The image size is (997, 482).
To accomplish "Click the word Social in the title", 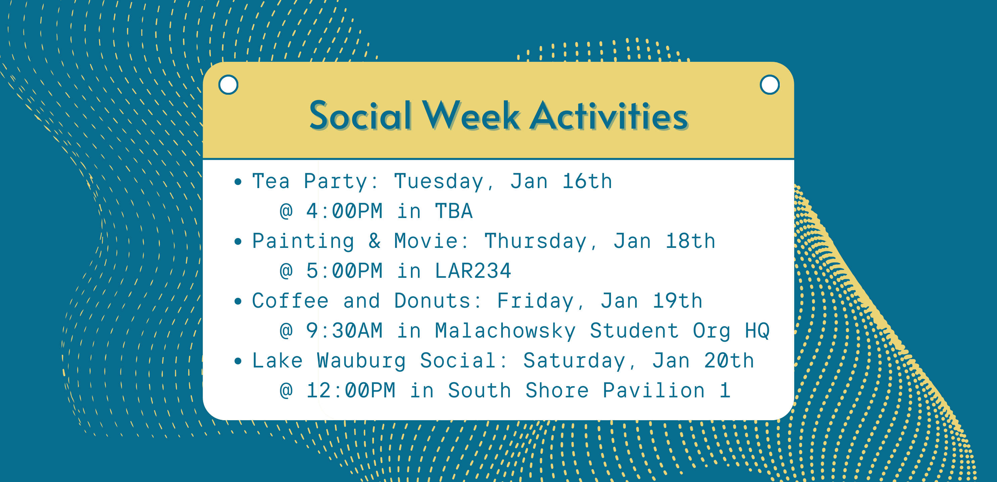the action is click(360, 115).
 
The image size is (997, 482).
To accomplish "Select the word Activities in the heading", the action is click(608, 115).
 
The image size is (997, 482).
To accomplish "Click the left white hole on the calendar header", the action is click(228, 84).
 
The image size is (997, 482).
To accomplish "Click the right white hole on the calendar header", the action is click(769, 84).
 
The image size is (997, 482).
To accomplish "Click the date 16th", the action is click(587, 181).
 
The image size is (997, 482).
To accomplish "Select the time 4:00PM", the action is click(344, 211).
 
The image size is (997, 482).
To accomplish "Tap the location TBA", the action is click(454, 211).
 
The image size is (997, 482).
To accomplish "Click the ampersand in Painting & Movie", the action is click(375, 241).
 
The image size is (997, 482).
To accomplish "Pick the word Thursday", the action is click(536, 241).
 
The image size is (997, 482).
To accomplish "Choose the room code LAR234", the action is click(473, 271).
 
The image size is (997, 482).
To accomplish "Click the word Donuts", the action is click(432, 301).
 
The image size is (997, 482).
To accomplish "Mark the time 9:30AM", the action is click(344, 331).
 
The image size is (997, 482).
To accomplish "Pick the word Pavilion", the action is click(654, 390).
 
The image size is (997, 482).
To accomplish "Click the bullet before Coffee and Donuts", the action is click(238, 302).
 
